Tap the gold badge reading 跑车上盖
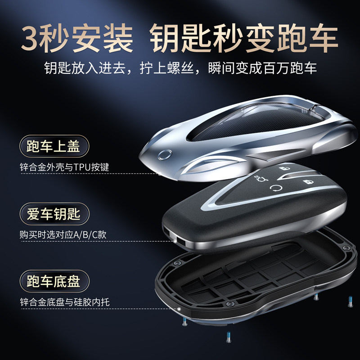[54, 146]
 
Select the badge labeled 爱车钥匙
[54, 214]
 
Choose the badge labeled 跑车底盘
[54, 281]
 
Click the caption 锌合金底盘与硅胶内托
[64, 302]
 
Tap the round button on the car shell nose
[165, 155]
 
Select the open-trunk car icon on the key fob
[261, 178]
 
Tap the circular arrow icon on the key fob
[275, 189]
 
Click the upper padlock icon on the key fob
[284, 168]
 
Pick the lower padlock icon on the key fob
[308, 182]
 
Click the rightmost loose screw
[350, 302]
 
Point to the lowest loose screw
[229, 337]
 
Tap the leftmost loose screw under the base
[185, 321]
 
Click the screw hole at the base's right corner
[346, 248]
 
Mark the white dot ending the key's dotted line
[175, 241]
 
